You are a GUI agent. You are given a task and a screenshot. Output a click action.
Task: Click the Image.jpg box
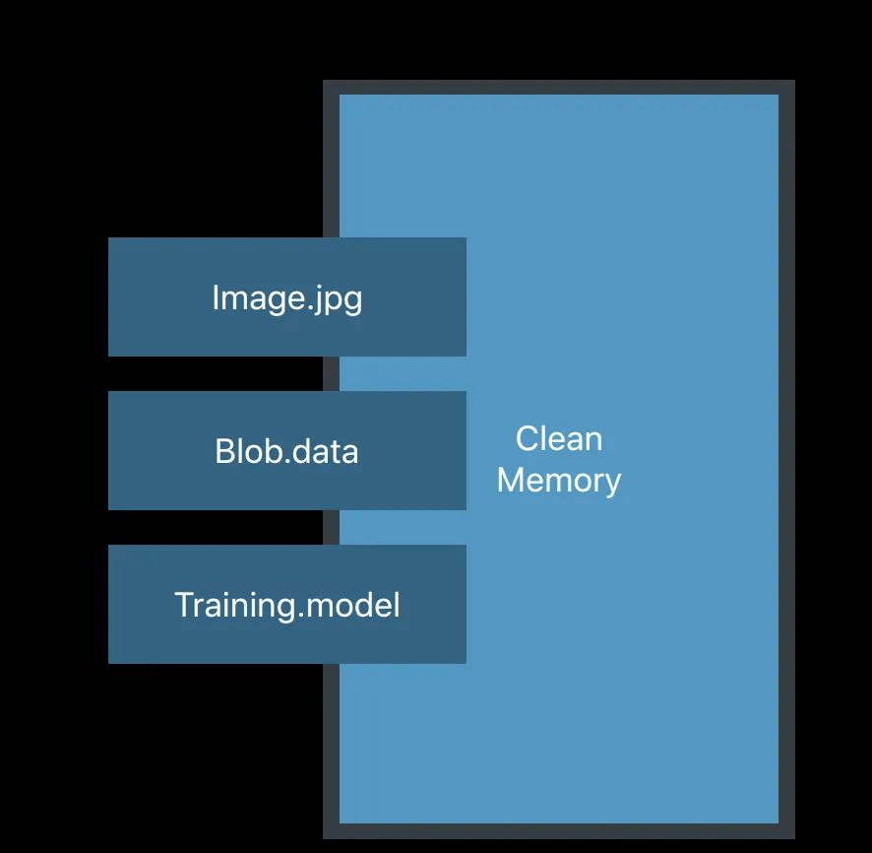pos(286,296)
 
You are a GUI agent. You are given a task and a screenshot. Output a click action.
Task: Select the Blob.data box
pos(286,450)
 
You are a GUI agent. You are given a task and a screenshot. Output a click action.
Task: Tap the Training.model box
pos(286,604)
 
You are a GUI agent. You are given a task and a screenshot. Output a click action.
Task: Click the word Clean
pos(559,438)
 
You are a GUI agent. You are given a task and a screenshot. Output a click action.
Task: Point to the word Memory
pos(559,480)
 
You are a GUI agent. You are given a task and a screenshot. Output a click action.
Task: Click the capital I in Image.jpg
pos(216,296)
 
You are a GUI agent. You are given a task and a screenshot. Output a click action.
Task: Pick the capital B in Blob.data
pos(223,451)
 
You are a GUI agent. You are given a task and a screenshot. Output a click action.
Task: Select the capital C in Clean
pos(526,438)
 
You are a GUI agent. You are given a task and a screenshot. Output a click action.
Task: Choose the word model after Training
pos(353,604)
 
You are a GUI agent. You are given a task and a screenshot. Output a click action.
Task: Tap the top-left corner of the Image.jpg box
pos(110,239)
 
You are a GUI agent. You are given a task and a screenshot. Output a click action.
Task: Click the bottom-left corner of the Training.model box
pos(110,661)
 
